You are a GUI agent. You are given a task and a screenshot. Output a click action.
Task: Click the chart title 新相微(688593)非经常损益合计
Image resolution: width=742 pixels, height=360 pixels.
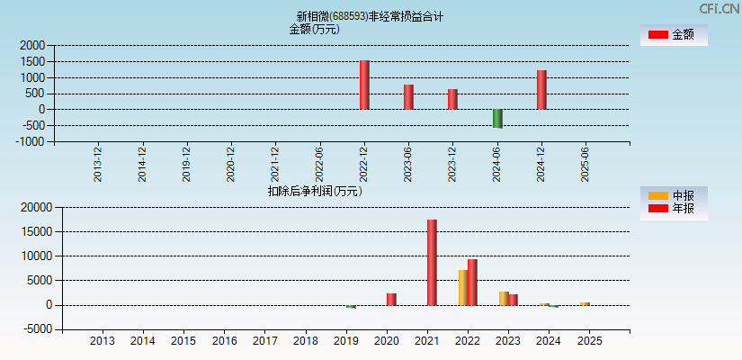click(x=370, y=16)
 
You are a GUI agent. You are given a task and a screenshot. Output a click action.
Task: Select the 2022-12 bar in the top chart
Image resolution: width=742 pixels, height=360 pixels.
click(x=364, y=85)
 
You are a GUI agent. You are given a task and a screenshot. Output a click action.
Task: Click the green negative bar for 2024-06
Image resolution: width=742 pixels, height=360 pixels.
click(x=497, y=118)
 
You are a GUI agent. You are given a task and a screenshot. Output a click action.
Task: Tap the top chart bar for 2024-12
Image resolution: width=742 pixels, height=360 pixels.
click(x=541, y=89)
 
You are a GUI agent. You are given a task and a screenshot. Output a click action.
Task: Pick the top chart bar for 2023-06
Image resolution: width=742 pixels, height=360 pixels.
click(x=408, y=96)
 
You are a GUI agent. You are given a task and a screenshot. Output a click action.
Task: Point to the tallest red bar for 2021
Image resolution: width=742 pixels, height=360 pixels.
click(x=432, y=262)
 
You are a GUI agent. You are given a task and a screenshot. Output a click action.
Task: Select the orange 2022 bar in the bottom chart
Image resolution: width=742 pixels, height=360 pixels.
click(x=463, y=287)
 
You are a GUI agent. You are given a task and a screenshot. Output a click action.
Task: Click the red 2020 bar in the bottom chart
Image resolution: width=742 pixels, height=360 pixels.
click(x=391, y=299)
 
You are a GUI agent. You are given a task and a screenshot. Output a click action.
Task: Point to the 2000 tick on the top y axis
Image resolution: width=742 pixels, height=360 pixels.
click(x=31, y=45)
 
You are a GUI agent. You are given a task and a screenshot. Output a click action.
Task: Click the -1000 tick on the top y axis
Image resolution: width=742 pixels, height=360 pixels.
click(x=30, y=141)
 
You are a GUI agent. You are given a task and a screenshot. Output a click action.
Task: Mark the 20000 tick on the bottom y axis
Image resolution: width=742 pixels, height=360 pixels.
click(x=35, y=207)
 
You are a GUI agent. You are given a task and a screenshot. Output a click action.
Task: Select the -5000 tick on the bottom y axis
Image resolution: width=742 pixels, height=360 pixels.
click(x=36, y=329)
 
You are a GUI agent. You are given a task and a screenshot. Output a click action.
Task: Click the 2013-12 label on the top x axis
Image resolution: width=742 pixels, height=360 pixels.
click(x=98, y=164)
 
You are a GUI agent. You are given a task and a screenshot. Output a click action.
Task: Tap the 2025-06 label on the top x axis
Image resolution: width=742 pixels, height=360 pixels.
click(x=586, y=164)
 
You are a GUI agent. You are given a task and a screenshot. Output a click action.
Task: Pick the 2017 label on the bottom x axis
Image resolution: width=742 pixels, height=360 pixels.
click(x=265, y=341)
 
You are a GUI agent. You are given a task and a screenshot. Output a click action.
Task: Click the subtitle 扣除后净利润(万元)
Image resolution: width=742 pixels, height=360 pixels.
click(x=315, y=191)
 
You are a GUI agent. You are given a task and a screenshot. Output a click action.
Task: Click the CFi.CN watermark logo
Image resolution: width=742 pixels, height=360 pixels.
click(x=719, y=8)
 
